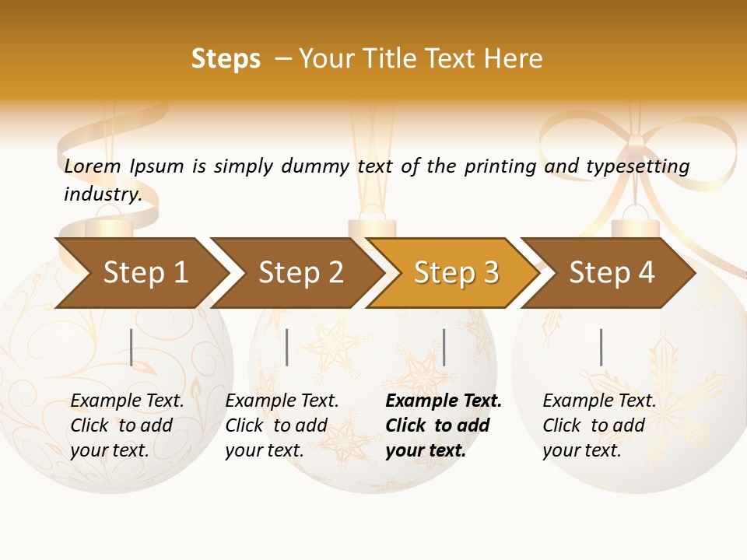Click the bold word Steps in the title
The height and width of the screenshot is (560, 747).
pyautogui.click(x=226, y=59)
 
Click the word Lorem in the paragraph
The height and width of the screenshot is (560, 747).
pyautogui.click(x=93, y=166)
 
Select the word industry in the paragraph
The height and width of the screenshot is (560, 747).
pyautogui.click(x=102, y=194)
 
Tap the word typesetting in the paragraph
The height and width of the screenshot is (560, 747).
pyautogui.click(x=637, y=166)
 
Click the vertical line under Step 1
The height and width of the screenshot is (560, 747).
pyautogui.click(x=132, y=347)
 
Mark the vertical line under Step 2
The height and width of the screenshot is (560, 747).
pyautogui.click(x=287, y=347)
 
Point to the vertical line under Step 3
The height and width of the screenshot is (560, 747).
pyautogui.click(x=444, y=347)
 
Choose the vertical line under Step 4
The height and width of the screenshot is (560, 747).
pyautogui.click(x=601, y=347)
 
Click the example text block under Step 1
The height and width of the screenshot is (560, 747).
pyautogui.click(x=127, y=425)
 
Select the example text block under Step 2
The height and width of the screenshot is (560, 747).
pyautogui.click(x=282, y=425)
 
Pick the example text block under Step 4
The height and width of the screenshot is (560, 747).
pyautogui.click(x=599, y=425)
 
